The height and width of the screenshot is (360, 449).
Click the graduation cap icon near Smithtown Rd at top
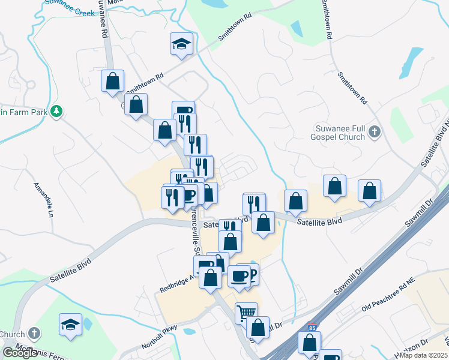[181, 44]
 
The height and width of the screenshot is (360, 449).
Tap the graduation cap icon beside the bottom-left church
[70, 324]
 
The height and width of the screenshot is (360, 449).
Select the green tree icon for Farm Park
[57, 111]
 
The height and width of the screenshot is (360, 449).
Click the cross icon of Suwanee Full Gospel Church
[374, 131]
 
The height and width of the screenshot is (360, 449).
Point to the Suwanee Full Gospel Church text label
[340, 133]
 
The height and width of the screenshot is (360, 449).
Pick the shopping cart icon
[246, 313]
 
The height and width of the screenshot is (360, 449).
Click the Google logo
[20, 353]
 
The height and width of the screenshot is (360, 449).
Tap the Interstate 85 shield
[311, 328]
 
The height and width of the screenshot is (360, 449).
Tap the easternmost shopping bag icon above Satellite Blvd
[370, 190]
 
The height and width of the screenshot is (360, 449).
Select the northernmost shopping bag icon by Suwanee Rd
[113, 80]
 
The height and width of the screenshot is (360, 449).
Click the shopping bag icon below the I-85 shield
[310, 343]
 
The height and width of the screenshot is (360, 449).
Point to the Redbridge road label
[176, 281]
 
